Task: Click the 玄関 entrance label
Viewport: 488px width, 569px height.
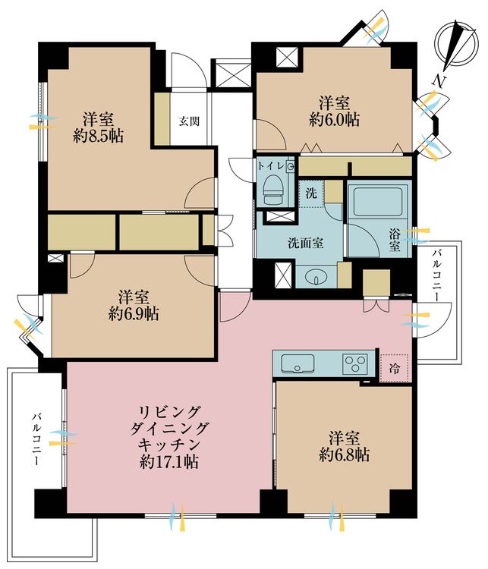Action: click(189, 121)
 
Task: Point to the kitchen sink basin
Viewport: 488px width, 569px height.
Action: click(298, 363)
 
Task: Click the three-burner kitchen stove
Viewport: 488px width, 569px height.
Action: click(355, 363)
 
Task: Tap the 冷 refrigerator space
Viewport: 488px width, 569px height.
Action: click(395, 368)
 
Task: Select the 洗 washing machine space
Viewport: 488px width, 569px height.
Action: click(311, 193)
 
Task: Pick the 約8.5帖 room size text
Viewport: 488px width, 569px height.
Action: click(98, 137)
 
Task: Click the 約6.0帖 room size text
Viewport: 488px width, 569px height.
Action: click(335, 120)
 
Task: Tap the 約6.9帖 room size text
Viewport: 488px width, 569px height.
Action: click(134, 314)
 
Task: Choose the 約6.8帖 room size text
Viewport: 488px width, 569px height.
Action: click(345, 454)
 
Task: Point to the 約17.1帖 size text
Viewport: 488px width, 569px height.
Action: click(169, 462)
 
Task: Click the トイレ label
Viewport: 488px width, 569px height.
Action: click(270, 166)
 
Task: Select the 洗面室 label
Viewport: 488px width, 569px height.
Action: click(306, 243)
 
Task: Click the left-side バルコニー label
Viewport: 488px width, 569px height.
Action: click(36, 439)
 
